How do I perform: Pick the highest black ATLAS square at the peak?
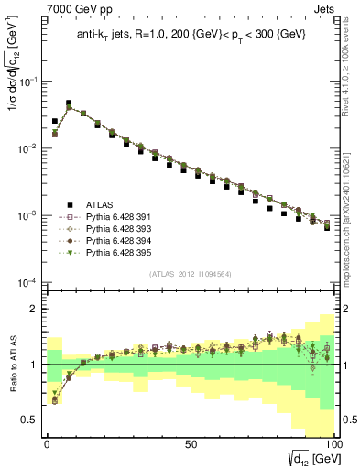(x=69, y=104)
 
